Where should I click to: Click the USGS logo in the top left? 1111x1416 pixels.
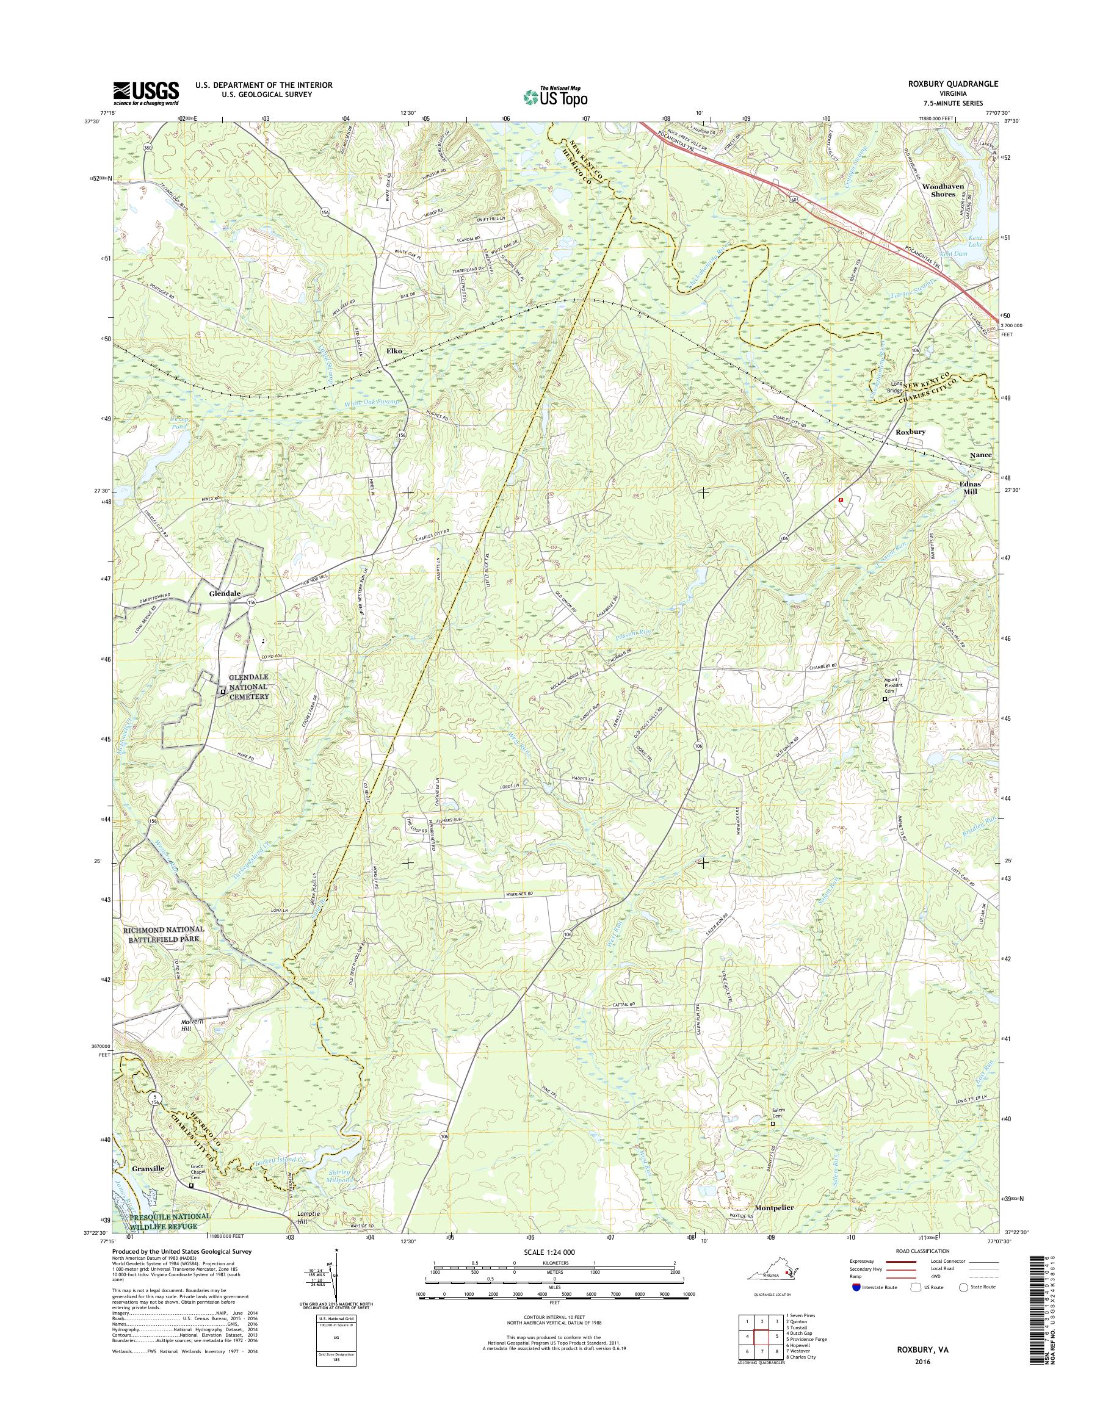(x=147, y=93)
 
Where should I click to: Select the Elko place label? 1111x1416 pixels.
(x=394, y=351)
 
